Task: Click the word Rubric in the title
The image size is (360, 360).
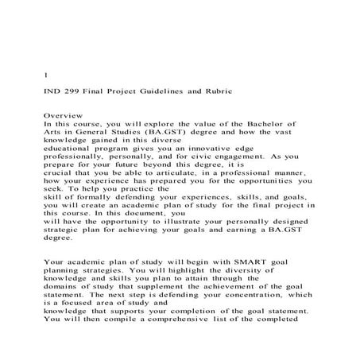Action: tap(217, 93)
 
